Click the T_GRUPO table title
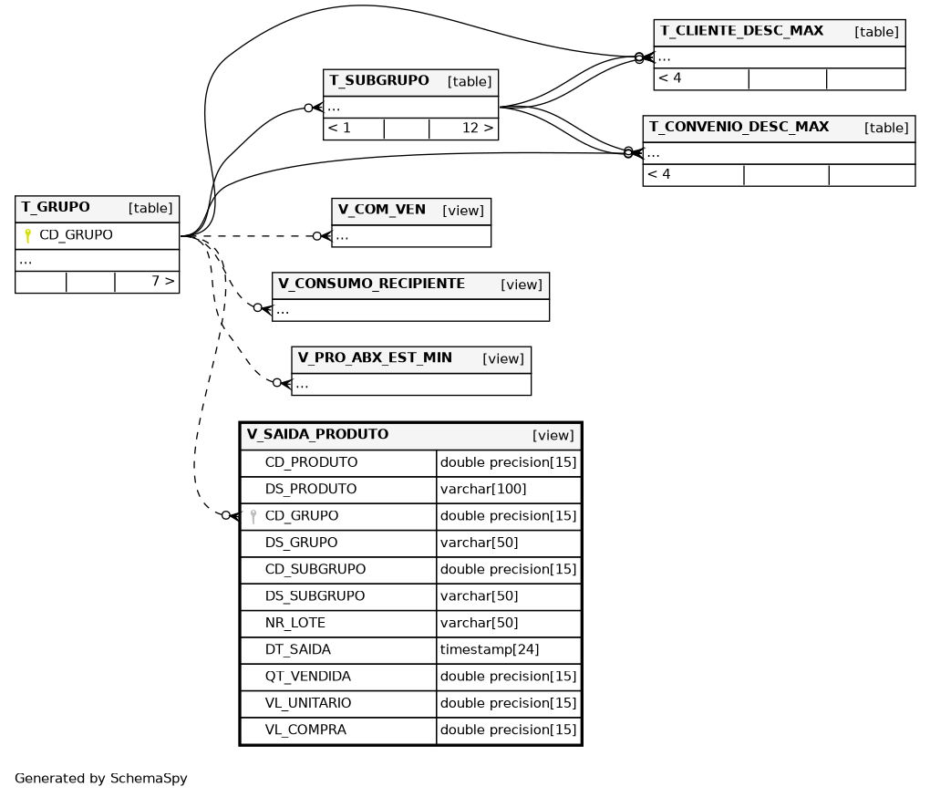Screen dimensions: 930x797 56,208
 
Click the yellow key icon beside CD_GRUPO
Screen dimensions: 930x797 28,235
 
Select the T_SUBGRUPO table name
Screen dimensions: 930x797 379,80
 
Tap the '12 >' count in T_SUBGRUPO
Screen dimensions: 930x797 478,128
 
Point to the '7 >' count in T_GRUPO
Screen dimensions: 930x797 163,281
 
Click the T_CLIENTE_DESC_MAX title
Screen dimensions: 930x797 741,31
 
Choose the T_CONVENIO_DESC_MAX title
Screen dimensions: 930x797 739,127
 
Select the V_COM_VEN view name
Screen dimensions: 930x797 381,210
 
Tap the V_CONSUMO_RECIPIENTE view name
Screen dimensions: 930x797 371,284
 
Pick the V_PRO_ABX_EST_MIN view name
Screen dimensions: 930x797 375,358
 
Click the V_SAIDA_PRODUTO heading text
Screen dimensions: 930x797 317,435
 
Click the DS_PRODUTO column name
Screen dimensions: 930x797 311,489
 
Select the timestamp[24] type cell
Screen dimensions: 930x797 490,650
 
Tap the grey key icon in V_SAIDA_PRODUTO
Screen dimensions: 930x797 253,516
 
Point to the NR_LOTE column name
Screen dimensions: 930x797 294,623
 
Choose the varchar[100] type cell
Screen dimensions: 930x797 483,489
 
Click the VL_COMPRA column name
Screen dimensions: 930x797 305,730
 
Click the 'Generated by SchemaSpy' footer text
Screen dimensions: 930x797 101,779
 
